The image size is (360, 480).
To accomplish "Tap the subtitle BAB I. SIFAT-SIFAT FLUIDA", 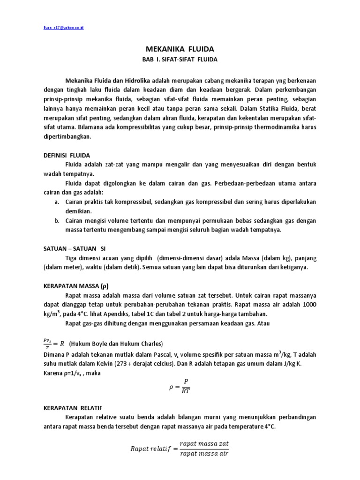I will coord(180,60).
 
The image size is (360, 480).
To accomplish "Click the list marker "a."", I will coord(57,202).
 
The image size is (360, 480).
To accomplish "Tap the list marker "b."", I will coord(57,221).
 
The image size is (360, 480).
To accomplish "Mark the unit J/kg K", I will coord(297,364).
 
